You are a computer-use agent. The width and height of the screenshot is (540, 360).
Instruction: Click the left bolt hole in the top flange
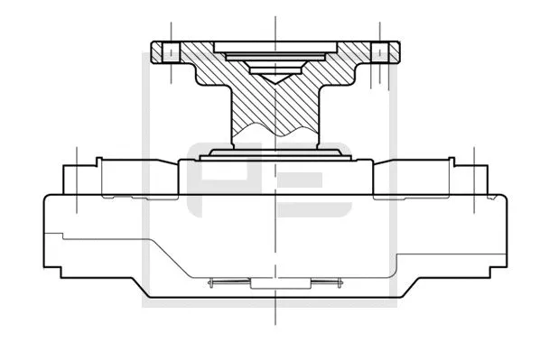(169, 51)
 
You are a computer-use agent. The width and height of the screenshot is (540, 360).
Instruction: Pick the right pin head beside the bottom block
(335, 283)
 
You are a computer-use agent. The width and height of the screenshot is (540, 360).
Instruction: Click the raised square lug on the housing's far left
(79, 177)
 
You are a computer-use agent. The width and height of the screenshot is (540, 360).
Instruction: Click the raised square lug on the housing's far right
(470, 177)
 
